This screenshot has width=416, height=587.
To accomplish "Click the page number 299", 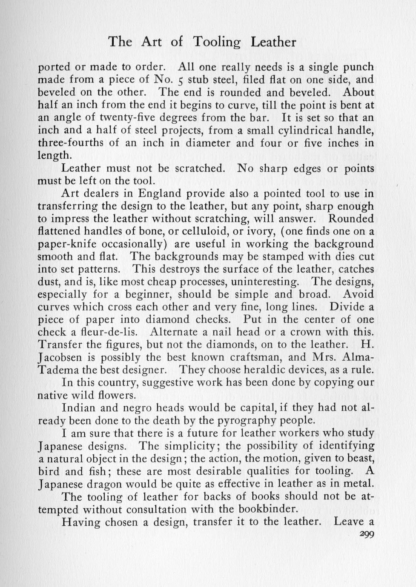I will [366, 535].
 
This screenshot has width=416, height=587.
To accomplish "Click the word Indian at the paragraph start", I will [78, 408].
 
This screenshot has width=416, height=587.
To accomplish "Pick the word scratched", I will [200, 168].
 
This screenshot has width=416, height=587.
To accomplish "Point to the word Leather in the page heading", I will [273, 42].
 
